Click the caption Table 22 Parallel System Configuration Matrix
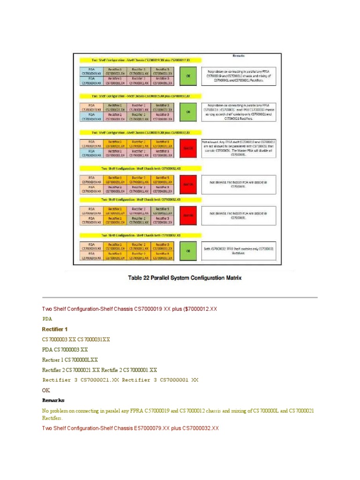pos(185,278)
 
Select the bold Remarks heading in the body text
pos(53,400)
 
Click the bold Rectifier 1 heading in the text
pos(55,329)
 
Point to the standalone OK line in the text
pos(46,390)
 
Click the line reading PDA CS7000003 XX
pos(65,349)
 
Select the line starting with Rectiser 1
pos(70,360)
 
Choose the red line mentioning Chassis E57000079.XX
pos(130,428)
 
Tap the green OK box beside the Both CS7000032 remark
pos(188,251)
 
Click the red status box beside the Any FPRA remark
pos(188,148)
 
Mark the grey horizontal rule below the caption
pos(180,297)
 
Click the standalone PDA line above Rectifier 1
pos(48,319)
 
